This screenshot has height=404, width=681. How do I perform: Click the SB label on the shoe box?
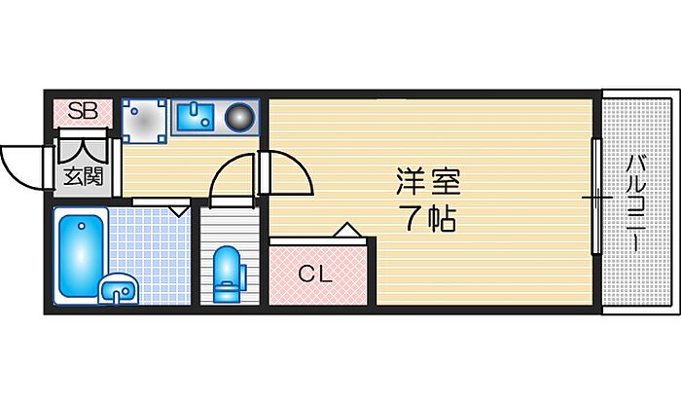click(x=83, y=111)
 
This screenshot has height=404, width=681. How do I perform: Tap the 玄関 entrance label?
click(x=84, y=177)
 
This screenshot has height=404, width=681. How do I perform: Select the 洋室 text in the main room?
click(x=428, y=181)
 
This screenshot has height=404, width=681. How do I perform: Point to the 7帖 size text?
click(x=430, y=219)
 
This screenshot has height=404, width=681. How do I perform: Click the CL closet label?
click(x=316, y=274)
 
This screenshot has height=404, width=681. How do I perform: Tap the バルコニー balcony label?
click(x=636, y=203)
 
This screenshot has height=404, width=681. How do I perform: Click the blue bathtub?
click(x=81, y=256)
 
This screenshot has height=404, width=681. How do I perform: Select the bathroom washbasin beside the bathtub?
click(x=118, y=288)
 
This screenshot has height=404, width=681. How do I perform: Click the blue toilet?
click(x=227, y=275)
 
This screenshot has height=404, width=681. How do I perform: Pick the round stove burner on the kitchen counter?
click(x=239, y=117)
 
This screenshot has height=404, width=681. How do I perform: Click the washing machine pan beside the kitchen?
click(x=144, y=121)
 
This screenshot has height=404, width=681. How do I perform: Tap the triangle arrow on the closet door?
click(x=346, y=230)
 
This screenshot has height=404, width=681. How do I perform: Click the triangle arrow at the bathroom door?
click(x=178, y=211)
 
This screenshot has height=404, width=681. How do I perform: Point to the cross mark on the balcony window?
click(x=596, y=198)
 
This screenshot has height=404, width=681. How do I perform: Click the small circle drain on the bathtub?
click(x=81, y=226)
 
